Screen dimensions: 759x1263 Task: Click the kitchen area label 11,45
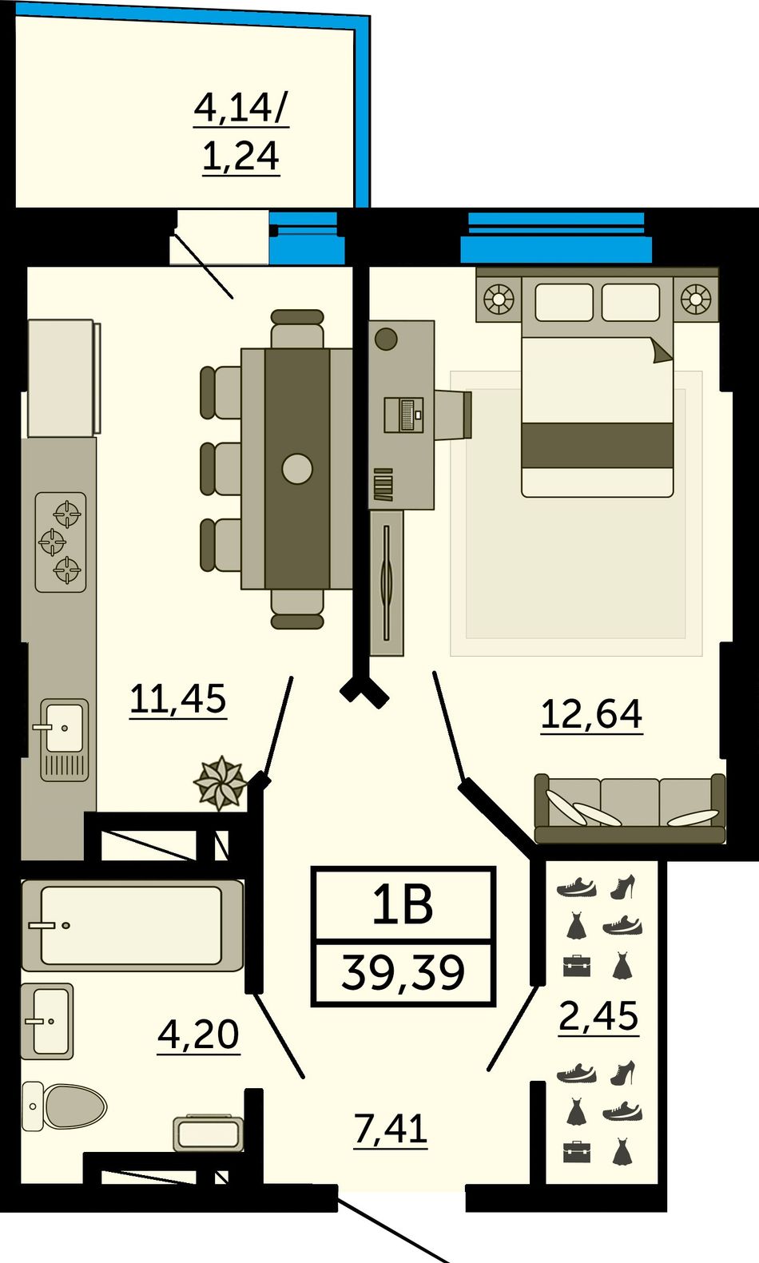tap(178, 699)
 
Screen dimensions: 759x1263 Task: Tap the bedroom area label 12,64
tap(591, 715)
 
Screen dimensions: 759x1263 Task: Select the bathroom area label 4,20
tap(198, 1035)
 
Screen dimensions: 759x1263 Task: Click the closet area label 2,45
tap(598, 1017)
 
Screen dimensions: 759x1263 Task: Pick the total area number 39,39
tap(403, 972)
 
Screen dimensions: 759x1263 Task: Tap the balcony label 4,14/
tap(241, 109)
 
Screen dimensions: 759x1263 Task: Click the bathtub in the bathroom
tap(133, 925)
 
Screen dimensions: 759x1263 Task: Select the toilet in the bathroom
tap(64, 1106)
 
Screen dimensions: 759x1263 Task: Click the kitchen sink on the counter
tap(64, 739)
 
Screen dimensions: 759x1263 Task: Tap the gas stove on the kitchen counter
tap(61, 542)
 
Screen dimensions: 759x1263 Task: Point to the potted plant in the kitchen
tap(220, 783)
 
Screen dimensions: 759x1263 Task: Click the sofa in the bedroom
tap(630, 808)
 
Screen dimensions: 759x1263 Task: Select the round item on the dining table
tap(297, 469)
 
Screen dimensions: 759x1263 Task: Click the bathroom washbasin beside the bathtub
tap(47, 1021)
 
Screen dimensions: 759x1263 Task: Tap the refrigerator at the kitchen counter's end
tap(62, 378)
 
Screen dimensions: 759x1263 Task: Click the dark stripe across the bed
tap(597, 446)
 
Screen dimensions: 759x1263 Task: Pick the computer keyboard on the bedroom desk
tap(403, 415)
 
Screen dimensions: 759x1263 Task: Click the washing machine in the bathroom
tap(208, 1133)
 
